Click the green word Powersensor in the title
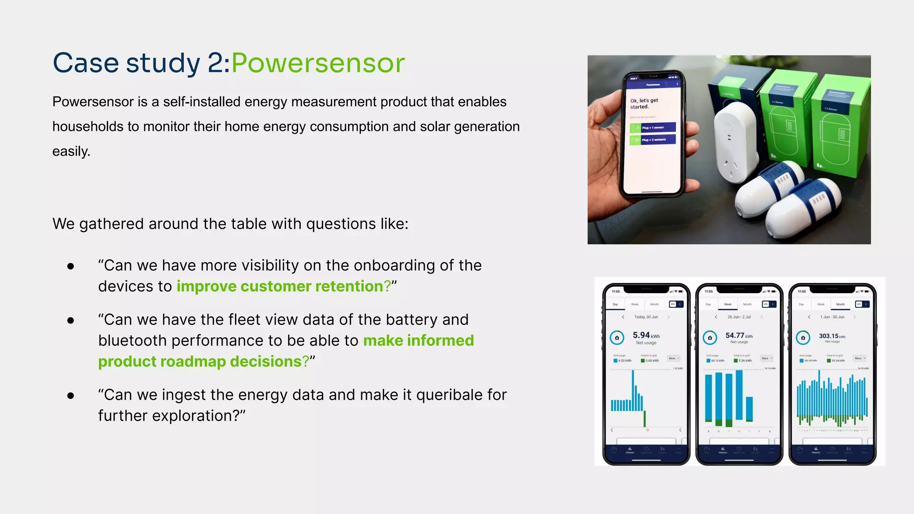coord(318,63)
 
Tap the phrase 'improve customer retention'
coord(283,286)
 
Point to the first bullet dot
coord(71,266)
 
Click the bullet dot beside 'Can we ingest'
coord(71,396)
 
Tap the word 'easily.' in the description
coord(71,151)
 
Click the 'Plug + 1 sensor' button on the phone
coord(652,128)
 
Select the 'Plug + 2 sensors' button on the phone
coord(652,140)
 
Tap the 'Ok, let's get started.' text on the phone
coord(644,104)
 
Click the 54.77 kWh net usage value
coord(739,336)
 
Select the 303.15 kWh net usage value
coord(831,336)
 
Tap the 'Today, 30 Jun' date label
coord(646,317)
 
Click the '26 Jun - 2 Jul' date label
coord(739,317)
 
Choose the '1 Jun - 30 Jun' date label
coord(832,317)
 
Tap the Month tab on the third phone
coord(840,304)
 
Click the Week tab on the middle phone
coord(727,304)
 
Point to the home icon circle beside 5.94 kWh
coord(617,338)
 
